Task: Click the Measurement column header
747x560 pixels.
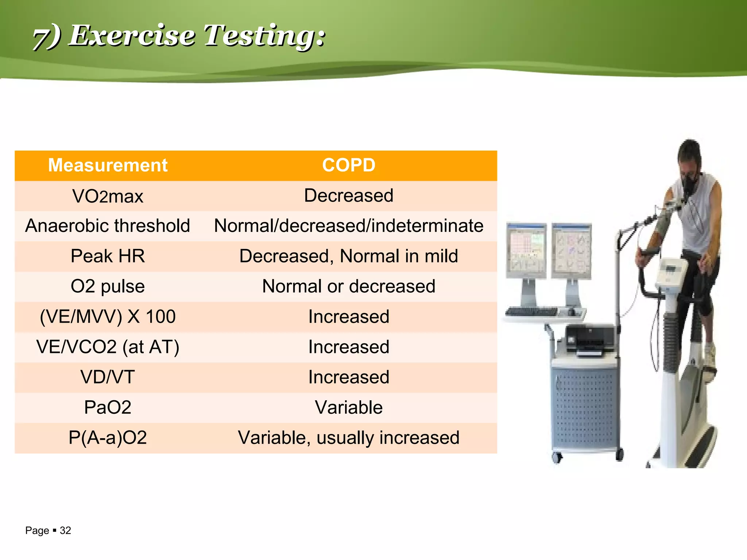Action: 108,165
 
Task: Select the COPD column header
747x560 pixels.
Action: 348,165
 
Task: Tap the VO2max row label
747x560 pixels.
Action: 108,196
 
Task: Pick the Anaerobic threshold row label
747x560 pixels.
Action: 108,226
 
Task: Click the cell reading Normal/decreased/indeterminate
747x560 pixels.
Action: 348,226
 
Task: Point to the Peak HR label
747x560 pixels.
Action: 108,256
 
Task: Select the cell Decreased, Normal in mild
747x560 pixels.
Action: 348,256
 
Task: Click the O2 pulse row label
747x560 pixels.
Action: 108,286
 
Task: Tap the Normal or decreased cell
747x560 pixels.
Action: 348,286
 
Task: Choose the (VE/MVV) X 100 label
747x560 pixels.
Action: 108,316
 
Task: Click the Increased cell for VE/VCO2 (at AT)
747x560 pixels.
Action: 348,347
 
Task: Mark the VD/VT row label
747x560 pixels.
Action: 108,377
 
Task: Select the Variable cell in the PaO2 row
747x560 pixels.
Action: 348,407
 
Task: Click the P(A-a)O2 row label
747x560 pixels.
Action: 108,437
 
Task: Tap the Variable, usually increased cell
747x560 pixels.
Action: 348,437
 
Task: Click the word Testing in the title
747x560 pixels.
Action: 264,36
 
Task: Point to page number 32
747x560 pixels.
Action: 65,530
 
